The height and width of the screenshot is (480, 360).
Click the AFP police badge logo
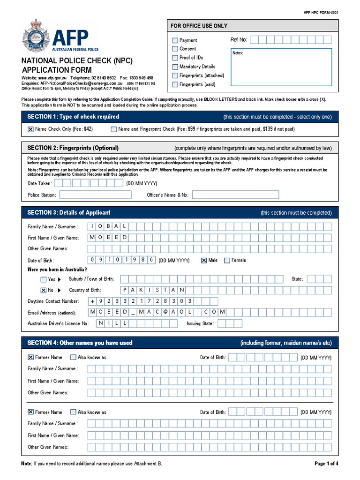pyautogui.click(x=35, y=36)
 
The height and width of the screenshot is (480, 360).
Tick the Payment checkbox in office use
pyautogui.click(x=175, y=40)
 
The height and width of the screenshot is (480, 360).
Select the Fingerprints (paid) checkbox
pyautogui.click(x=175, y=84)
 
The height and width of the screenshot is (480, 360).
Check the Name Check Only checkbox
pyautogui.click(x=30, y=129)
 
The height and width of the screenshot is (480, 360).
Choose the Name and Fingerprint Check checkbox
pyautogui.click(x=114, y=129)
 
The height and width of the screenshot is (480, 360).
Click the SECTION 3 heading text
pyautogui.click(x=69, y=212)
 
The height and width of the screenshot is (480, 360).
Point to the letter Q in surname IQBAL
pyautogui.click(x=103, y=226)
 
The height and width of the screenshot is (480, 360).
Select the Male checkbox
pyautogui.click(x=204, y=260)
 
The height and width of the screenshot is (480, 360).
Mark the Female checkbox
pyautogui.click(x=227, y=260)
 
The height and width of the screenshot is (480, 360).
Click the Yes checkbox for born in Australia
pyautogui.click(x=44, y=279)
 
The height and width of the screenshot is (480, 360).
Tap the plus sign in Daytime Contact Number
pyautogui.click(x=92, y=301)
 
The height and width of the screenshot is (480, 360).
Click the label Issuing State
pyautogui.click(x=200, y=323)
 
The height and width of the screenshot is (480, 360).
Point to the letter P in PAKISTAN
pyautogui.click(x=125, y=290)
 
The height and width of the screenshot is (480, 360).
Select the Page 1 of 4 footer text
pyautogui.click(x=326, y=464)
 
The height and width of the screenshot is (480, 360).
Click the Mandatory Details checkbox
pyautogui.click(x=175, y=67)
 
